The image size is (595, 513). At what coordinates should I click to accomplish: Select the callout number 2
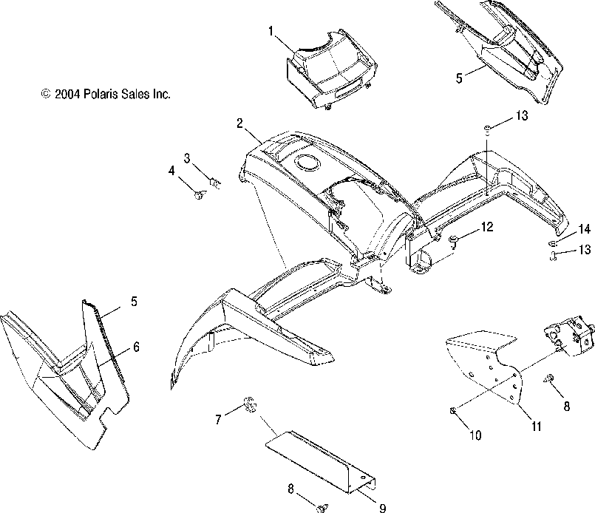pyautogui.click(x=240, y=123)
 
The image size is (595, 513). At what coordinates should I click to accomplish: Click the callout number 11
pyautogui.click(x=534, y=427)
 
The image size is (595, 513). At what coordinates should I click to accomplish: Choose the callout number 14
pyautogui.click(x=585, y=228)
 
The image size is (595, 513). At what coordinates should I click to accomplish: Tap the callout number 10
pyautogui.click(x=475, y=435)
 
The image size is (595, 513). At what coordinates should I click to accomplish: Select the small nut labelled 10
pyautogui.click(x=452, y=410)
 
